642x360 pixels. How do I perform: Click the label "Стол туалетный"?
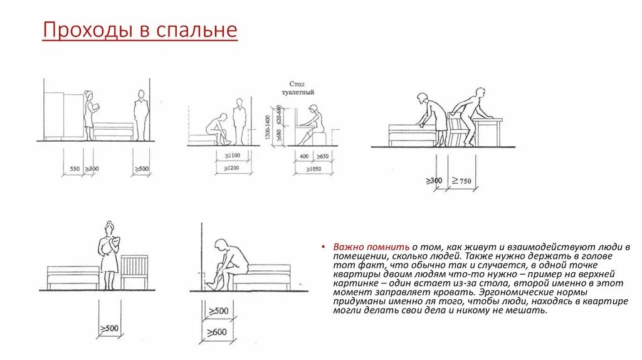coord(301,88)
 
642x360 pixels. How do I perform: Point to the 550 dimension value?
coord(75,169)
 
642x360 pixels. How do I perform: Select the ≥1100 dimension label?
coord(233,155)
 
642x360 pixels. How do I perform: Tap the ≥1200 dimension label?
coord(233,168)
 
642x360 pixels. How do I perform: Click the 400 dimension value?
coord(304,156)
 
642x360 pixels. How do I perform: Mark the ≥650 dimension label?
coord(322,156)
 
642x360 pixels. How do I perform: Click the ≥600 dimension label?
coord(218,332)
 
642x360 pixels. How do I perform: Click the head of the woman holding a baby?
coord(109,228)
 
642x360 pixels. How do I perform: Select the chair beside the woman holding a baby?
coord(134,272)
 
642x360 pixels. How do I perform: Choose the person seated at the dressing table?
coord(312,125)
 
